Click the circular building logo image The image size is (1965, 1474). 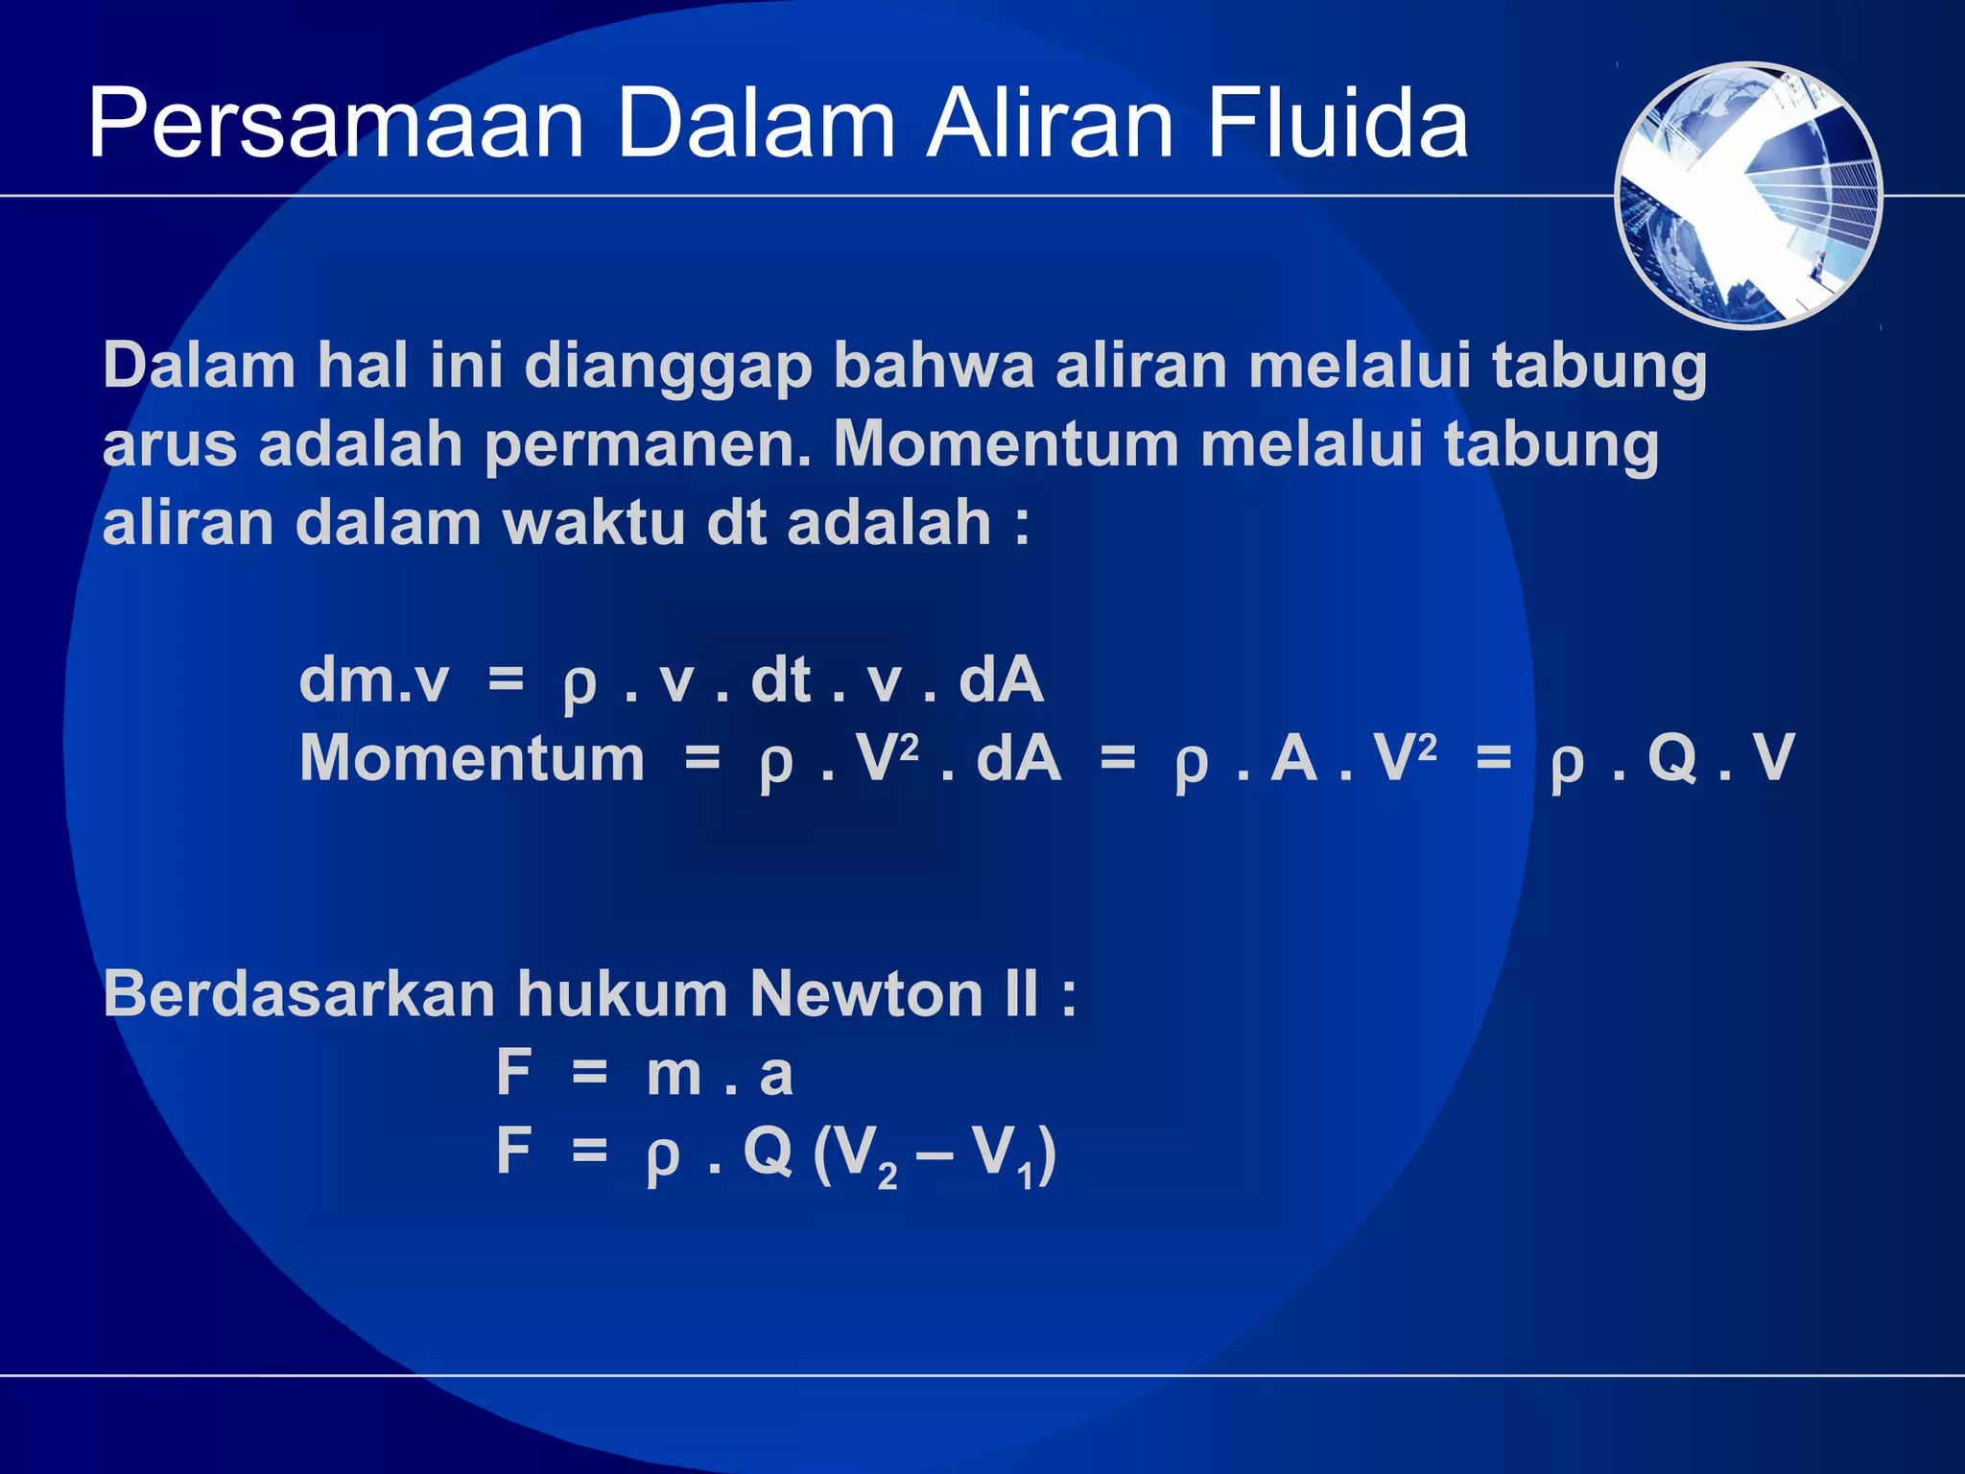coord(1748,196)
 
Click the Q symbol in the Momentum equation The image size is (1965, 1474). coord(1672,758)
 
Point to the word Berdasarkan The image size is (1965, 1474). coord(298,993)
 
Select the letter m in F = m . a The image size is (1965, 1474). coord(675,1075)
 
